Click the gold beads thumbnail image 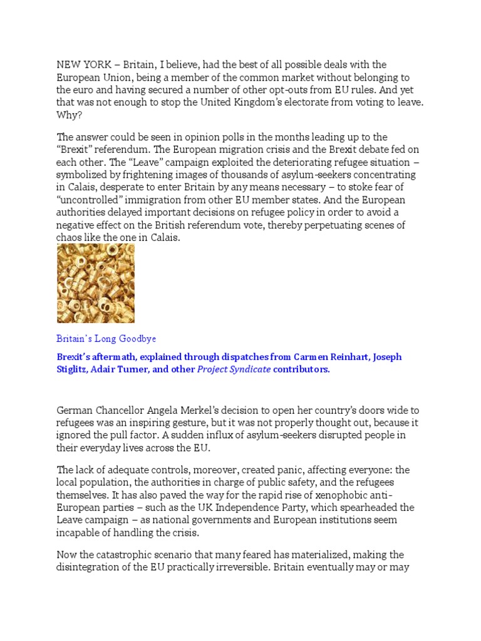[95, 284]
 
